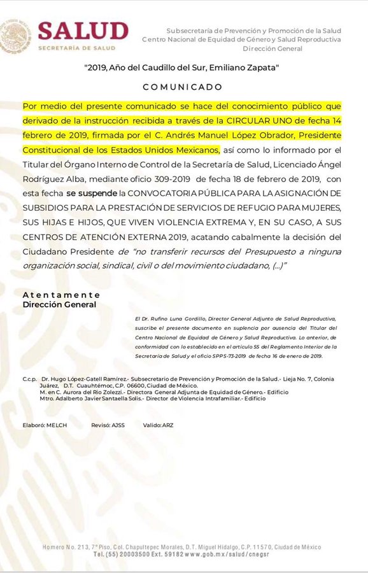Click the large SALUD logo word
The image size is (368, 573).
[x=83, y=30]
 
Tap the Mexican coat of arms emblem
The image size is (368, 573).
[x=16, y=35]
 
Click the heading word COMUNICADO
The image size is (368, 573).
[x=182, y=87]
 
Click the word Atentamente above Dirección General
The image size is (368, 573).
[x=61, y=295]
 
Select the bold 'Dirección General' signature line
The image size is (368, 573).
[x=59, y=304]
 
